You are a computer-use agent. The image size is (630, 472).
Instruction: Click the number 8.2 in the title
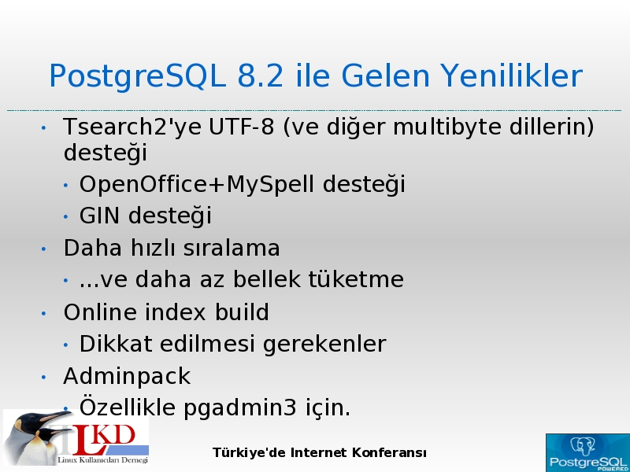pos(261,76)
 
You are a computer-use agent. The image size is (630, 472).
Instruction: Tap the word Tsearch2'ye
pos(133,127)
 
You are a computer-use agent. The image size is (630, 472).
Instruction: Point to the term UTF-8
pos(241,127)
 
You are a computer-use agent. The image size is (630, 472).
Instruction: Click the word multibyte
pos(446,127)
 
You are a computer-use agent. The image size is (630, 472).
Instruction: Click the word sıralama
pos(232,248)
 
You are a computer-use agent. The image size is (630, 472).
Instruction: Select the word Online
pos(100,312)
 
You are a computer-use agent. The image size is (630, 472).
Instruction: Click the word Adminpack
pos(127,377)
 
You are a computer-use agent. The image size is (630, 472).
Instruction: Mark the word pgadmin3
pos(240,408)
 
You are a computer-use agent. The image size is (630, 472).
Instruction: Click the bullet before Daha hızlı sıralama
pos(44,249)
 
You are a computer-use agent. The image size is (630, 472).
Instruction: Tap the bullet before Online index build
pos(44,313)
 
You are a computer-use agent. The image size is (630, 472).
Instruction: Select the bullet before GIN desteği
pos(66,217)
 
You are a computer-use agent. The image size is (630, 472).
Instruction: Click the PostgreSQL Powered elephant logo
pos(587,453)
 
